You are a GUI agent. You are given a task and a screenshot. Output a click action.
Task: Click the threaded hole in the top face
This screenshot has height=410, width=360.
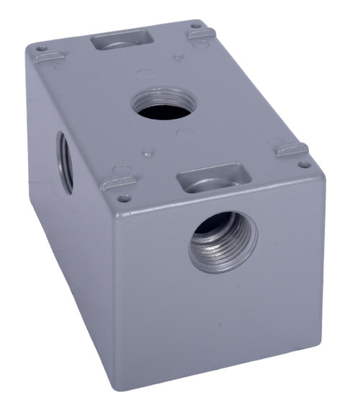[164, 104]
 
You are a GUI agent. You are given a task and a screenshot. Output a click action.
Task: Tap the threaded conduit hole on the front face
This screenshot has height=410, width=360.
[222, 241]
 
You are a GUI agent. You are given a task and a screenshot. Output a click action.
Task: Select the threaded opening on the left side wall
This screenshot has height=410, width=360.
[66, 162]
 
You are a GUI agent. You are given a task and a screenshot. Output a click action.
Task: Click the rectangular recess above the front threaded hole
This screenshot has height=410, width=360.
[213, 179]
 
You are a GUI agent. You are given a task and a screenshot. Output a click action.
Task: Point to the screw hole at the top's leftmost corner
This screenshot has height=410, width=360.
[42, 49]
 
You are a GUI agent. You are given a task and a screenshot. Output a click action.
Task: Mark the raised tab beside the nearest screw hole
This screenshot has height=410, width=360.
[117, 183]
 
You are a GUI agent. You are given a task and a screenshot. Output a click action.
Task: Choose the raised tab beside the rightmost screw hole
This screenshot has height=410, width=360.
[292, 150]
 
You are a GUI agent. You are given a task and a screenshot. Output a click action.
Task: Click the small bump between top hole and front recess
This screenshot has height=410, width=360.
[147, 153]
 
